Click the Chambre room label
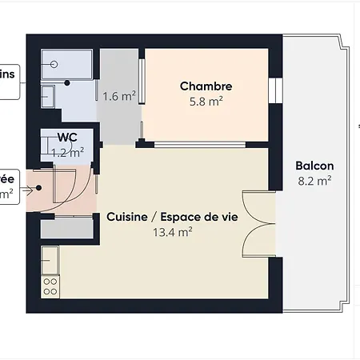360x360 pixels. pyautogui.click(x=206, y=86)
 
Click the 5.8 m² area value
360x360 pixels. pyautogui.click(x=206, y=102)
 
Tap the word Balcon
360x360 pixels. pyautogui.click(x=314, y=166)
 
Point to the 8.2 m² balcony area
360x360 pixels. pyautogui.click(x=314, y=181)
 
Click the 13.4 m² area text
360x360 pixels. pyautogui.click(x=172, y=233)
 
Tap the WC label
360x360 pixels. pyautogui.click(x=67, y=137)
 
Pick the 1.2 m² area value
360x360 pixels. pyautogui.click(x=67, y=150)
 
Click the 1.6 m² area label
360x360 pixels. pyautogui.click(x=118, y=97)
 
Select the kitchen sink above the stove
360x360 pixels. pyautogui.click(x=50, y=261)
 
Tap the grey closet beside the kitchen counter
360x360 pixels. pyautogui.click(x=68, y=227)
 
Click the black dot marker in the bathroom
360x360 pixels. pyautogui.click(x=68, y=82)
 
